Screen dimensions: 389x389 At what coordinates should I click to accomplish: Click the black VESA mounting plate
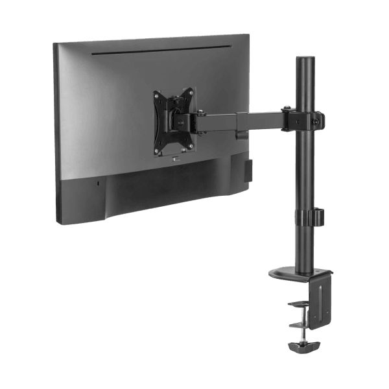click(173, 121)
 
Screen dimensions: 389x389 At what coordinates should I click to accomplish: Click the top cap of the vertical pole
click(305, 59)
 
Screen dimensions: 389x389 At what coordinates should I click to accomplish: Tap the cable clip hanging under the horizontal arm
click(242, 135)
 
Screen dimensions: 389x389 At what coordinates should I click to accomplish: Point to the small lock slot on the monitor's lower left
click(99, 183)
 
